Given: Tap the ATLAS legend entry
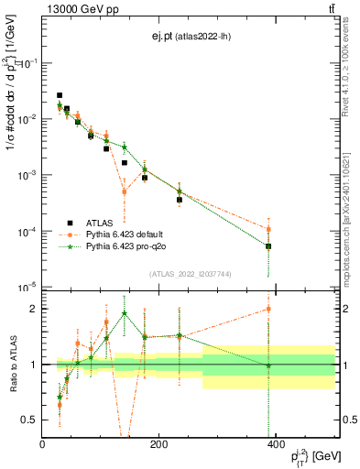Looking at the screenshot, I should coord(100,247).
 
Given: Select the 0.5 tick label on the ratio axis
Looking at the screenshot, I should coord(29,420).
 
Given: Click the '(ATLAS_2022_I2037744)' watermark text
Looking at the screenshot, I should coord(191,274).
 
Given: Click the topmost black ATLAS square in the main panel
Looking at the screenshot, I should coord(60,95).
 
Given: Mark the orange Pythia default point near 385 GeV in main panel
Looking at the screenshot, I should coord(268,229).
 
